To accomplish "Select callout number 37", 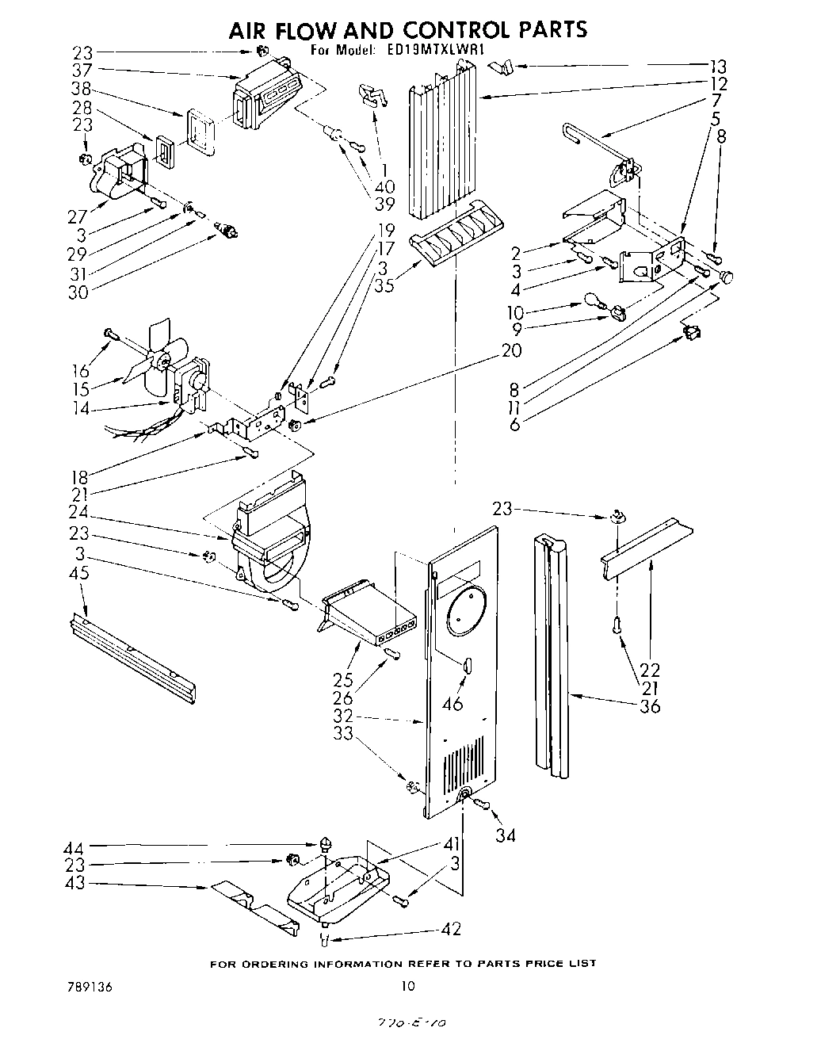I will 82,71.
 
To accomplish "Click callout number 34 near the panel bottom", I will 505,835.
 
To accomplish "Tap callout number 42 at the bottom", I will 451,930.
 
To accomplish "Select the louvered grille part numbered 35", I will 454,239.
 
